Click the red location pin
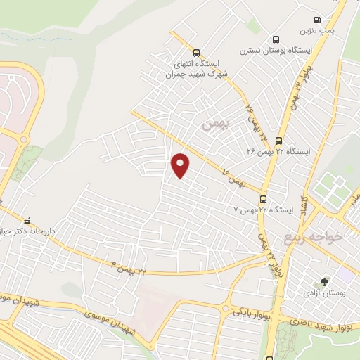click(x=181, y=165)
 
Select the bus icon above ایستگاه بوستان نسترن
click(x=275, y=39)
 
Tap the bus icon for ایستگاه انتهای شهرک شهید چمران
click(x=195, y=52)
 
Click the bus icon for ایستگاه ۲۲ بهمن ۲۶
click(x=279, y=141)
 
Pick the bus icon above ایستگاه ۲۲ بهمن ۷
click(x=263, y=199)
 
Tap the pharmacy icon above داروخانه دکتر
click(x=28, y=219)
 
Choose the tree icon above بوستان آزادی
click(x=323, y=281)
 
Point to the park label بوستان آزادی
click(x=320, y=292)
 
